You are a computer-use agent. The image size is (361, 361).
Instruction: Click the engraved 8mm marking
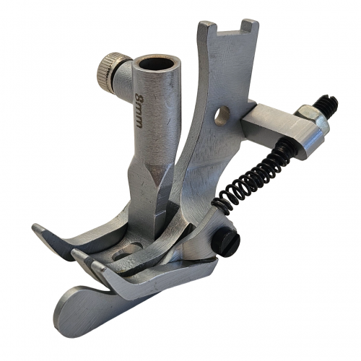pyautogui.click(x=139, y=110)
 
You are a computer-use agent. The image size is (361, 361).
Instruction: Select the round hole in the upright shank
pyautogui.click(x=222, y=116)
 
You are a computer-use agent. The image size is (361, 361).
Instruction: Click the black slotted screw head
pyautogui.click(x=226, y=241)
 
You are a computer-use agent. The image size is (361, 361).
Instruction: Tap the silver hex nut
pyautogui.click(x=313, y=118)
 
